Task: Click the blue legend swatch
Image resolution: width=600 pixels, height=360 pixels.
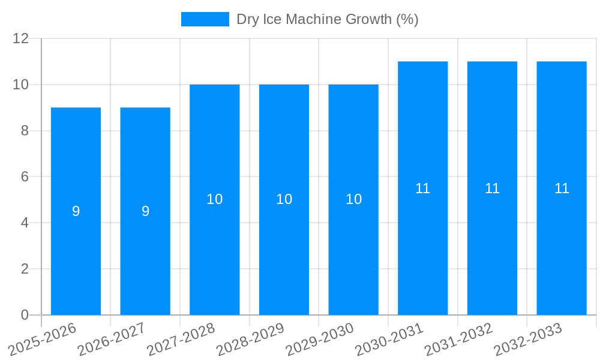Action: click(205, 19)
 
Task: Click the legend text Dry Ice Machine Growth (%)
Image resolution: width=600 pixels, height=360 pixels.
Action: click(327, 19)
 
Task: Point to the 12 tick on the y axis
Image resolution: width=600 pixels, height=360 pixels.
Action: click(21, 38)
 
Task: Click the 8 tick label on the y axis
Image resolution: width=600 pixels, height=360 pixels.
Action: click(25, 131)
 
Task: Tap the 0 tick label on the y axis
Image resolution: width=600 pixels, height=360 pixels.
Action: click(25, 315)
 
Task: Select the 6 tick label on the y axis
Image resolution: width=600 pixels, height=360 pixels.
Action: click(25, 177)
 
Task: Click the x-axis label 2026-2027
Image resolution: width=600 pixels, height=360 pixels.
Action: click(111, 340)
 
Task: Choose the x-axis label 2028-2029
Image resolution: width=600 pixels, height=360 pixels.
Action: click(250, 340)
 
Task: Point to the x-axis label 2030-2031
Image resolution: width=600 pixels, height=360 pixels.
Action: click(389, 340)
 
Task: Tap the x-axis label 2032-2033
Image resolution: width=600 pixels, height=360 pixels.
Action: click(527, 340)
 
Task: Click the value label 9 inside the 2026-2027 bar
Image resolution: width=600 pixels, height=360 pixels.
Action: click(145, 211)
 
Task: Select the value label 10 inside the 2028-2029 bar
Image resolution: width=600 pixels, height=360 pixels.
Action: click(284, 199)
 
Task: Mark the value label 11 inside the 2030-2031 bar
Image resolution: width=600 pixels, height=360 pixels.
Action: click(423, 188)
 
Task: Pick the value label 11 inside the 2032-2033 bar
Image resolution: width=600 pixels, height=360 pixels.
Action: click(562, 188)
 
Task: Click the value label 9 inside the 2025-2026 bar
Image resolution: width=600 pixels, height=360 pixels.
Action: click(76, 211)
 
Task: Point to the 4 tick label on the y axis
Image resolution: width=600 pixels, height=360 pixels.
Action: click(25, 223)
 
